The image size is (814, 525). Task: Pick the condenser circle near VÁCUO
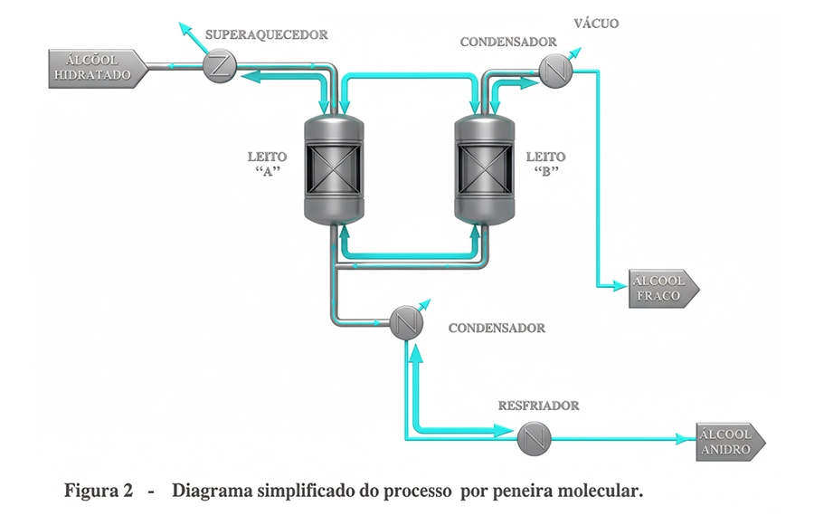554,69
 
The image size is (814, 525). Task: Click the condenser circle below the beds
406,322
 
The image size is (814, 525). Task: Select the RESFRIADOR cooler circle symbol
533,440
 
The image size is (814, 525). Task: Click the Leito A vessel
334,167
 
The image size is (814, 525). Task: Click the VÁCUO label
596,24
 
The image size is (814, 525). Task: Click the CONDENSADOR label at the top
507,42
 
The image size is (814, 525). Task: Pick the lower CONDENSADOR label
497,328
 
